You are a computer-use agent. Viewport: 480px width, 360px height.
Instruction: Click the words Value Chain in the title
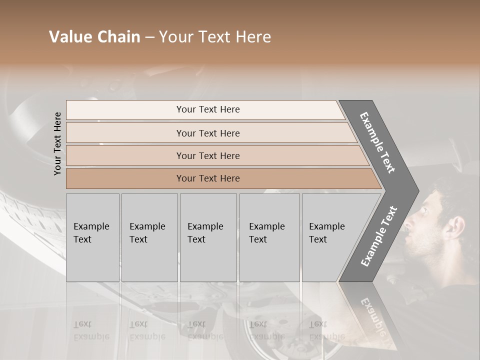[94, 37]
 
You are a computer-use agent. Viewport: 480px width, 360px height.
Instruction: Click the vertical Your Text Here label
[57, 143]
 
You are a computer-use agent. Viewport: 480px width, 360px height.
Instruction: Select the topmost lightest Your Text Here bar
[208, 109]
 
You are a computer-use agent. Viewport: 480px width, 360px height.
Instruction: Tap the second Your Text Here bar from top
[208, 133]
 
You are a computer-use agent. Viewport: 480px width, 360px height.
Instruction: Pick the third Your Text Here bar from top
[208, 155]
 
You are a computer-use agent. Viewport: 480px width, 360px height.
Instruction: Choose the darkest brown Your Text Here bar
[208, 178]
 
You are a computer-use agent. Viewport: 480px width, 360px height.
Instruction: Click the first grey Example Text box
[92, 237]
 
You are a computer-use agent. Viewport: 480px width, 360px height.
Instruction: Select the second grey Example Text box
[149, 237]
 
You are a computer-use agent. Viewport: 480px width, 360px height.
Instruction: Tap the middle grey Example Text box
[208, 237]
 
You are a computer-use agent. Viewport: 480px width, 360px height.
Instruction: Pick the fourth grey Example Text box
[269, 237]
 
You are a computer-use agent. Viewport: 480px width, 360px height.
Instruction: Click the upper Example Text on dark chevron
[377, 142]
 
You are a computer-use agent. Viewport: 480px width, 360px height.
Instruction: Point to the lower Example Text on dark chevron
[379, 236]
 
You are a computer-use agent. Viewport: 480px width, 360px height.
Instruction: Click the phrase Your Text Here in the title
[215, 37]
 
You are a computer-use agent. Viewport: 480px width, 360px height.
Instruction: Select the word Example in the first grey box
[91, 226]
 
